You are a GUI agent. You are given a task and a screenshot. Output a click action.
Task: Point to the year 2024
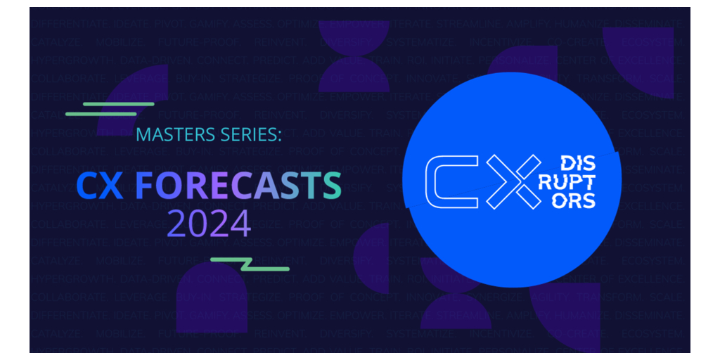coord(209,224)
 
